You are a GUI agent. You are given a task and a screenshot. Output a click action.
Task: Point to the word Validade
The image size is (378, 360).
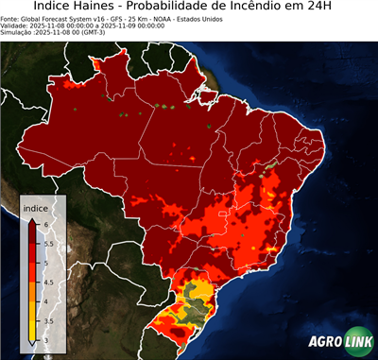pyautogui.click(x=18, y=26)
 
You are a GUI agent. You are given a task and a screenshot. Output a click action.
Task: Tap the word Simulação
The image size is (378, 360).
pyautogui.click(x=17, y=33)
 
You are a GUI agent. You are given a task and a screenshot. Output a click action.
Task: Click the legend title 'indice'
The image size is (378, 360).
pyautogui.click(x=35, y=207)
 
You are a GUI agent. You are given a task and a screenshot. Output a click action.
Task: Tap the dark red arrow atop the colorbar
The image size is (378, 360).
pyautogui.click(x=33, y=218)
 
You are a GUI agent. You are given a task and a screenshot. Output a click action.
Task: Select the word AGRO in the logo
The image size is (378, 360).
pyautogui.click(x=323, y=342)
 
